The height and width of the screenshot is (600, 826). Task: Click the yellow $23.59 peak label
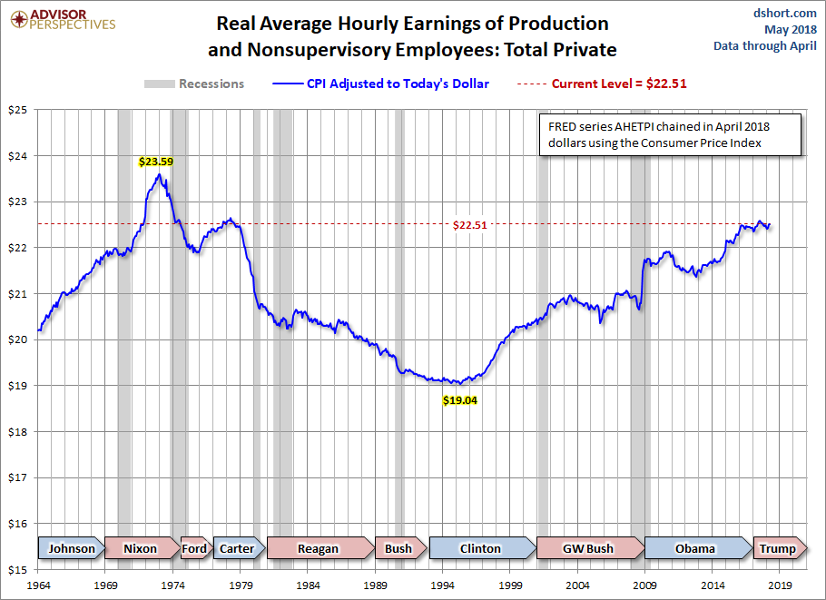pos(156,162)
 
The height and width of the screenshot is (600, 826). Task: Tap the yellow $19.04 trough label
pos(460,399)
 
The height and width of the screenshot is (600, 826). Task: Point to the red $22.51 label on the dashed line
pos(470,225)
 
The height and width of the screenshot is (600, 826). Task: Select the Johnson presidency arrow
pos(71,548)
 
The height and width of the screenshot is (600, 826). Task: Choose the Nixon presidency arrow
pos(140,548)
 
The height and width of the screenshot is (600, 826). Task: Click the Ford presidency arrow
pos(194,548)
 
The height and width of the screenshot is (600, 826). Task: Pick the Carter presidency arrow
pos(237,548)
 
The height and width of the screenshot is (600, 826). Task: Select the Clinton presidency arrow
pos(480,548)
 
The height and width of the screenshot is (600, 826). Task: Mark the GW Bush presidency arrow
pos(587,548)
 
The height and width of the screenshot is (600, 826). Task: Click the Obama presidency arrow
pos(695,548)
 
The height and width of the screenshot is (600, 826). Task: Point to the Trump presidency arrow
pos(777,548)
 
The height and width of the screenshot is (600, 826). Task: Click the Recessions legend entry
pos(194,84)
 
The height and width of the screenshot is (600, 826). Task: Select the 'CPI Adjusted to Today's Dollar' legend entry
pos(380,84)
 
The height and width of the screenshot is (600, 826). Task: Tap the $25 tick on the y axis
pos(17,110)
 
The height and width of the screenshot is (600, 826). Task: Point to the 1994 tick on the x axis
pos(444,585)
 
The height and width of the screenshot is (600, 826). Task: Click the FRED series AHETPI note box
pos(669,134)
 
